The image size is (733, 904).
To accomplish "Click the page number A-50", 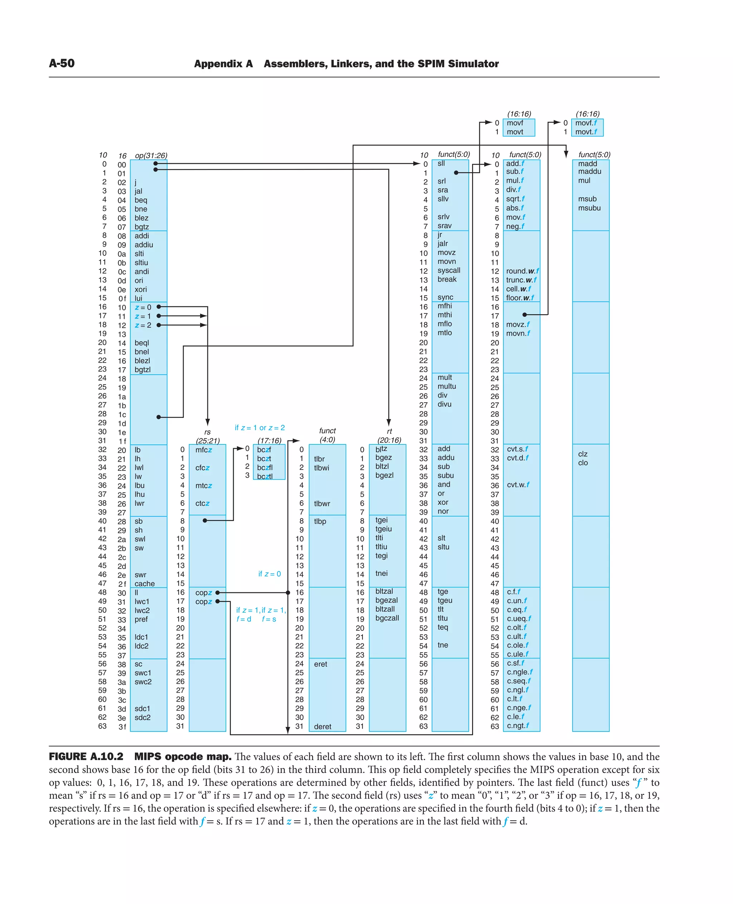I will tap(62, 63).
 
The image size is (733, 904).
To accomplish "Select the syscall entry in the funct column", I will tap(448, 270).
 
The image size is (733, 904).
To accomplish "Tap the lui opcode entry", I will tap(139, 298).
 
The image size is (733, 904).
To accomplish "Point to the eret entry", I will tap(320, 664).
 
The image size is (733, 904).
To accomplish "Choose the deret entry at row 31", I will tap(322, 726).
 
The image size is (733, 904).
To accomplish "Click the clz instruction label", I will tap(583, 454).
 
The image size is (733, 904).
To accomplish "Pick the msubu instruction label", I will tap(589, 208).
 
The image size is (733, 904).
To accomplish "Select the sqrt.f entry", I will tap(515, 199).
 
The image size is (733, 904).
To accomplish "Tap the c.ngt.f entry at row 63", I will tap(518, 726).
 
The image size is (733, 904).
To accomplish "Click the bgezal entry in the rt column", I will tap(386, 600).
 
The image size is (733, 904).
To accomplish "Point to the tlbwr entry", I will tap(322, 504).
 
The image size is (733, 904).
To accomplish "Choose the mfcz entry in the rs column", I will tap(204, 450).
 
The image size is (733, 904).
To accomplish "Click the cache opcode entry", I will tap(144, 584).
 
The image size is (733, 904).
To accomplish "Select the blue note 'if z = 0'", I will tap(270, 574).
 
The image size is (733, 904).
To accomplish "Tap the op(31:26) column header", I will tap(151, 155).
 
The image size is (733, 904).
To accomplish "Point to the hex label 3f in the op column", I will tap(122, 726).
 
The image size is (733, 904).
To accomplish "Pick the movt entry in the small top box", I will tap(515, 132).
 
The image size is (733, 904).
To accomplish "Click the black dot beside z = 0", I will tap(159, 307).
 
